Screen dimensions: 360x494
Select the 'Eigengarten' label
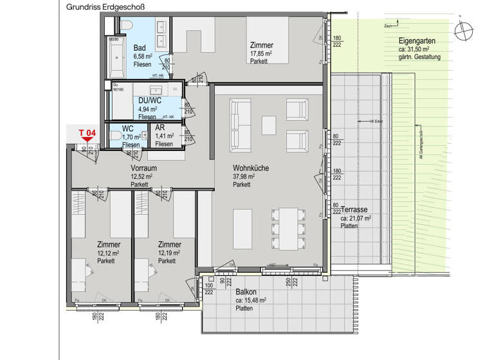(416, 42)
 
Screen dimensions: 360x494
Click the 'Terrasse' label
(354, 210)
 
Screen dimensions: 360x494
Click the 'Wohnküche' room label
(251, 168)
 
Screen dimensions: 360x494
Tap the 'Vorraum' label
(143, 168)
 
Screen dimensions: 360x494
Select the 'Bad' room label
(140, 48)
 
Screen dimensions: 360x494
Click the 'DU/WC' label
(149, 101)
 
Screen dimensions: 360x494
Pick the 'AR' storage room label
(160, 129)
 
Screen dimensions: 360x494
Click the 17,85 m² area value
(261, 54)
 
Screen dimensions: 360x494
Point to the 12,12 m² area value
(108, 253)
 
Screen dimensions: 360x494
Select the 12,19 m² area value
(170, 253)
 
